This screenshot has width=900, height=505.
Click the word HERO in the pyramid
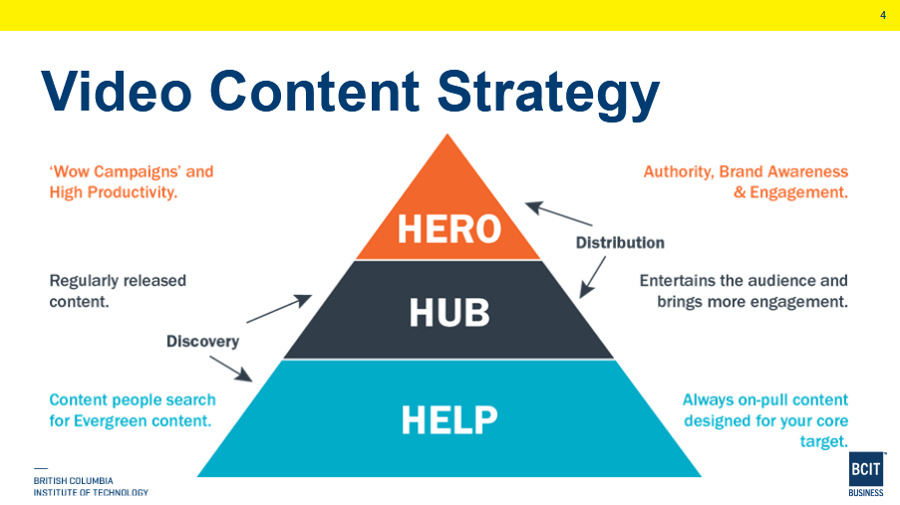pyautogui.click(x=449, y=228)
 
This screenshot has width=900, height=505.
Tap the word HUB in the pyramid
pyautogui.click(x=450, y=313)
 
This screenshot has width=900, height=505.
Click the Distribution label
pyautogui.click(x=620, y=242)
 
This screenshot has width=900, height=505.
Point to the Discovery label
pyautogui.click(x=202, y=342)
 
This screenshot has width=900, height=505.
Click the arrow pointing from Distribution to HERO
pyautogui.click(x=558, y=213)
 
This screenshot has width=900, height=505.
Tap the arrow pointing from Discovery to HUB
pyautogui.click(x=278, y=309)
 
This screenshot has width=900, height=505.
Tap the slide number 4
pyautogui.click(x=882, y=14)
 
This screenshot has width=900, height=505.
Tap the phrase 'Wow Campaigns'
pyautogui.click(x=116, y=172)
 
